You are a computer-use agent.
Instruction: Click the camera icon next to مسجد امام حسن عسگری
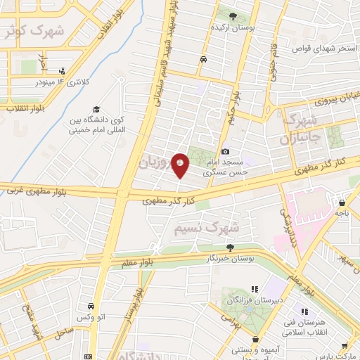(225, 151)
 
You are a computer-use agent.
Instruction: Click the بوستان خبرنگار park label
(230, 259)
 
